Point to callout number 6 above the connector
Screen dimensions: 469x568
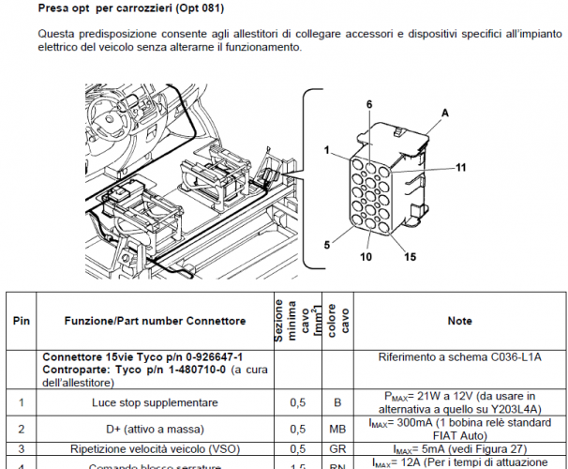point(368,103)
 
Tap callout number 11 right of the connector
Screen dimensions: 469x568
point(461,168)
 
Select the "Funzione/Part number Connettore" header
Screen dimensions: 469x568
point(155,321)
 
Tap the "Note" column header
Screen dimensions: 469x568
point(459,321)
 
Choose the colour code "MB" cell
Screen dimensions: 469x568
point(335,429)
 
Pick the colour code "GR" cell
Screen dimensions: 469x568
point(335,449)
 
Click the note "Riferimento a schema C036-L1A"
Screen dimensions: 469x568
point(459,357)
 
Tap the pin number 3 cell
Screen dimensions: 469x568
point(22,449)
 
